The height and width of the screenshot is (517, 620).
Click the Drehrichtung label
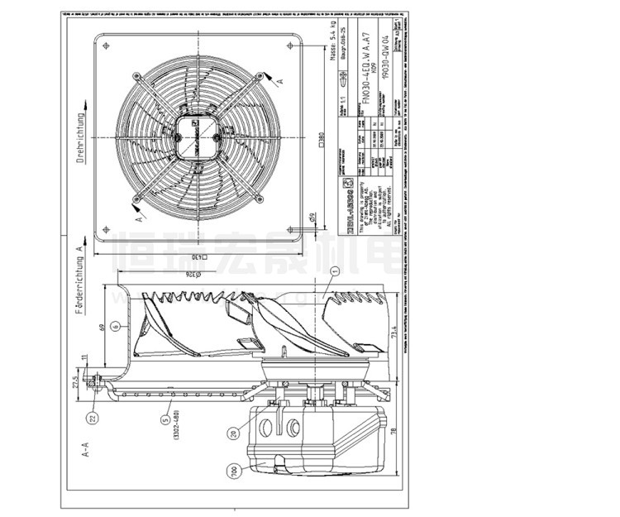click(81, 139)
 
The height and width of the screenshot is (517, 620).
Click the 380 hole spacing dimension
click(319, 141)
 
